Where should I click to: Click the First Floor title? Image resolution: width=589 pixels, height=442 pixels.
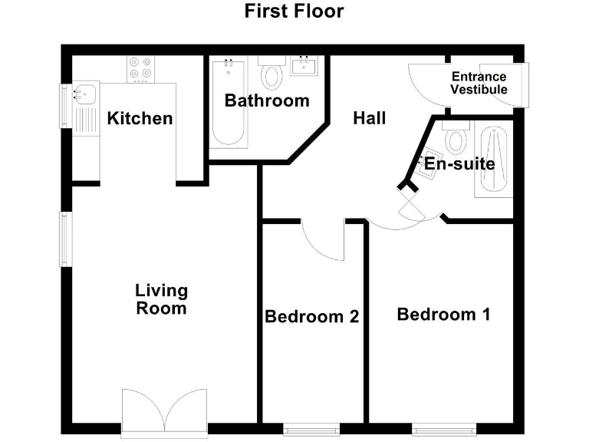pos(294,12)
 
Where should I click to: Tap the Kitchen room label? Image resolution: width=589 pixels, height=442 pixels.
pos(140,118)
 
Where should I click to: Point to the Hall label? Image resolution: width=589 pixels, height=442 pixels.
pos(369,118)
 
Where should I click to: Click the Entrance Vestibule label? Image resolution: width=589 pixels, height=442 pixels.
pos(479,83)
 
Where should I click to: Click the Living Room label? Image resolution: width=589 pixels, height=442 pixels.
pos(161,299)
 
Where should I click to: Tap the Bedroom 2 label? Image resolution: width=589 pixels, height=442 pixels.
pos(311,316)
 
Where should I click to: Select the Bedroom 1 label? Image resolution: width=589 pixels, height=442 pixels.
pos(443,314)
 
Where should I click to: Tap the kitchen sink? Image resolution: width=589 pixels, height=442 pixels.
pos(82,96)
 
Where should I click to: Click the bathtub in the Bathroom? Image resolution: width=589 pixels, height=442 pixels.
pos(228,104)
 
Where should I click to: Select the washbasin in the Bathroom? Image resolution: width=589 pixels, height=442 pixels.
pos(309,68)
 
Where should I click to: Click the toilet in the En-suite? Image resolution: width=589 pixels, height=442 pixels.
pos(456,139)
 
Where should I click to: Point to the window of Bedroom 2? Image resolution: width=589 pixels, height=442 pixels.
pos(311,429)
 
